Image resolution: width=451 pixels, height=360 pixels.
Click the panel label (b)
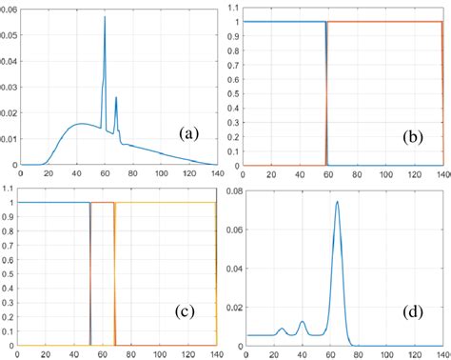(x=415, y=136)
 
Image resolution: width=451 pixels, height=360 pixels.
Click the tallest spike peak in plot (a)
(x=105, y=17)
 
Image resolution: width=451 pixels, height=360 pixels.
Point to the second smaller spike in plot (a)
(x=116, y=98)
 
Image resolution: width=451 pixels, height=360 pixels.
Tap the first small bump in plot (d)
(x=282, y=330)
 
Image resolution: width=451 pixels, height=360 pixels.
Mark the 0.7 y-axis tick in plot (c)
(x=9, y=245)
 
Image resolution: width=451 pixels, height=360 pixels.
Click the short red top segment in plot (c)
(x=102, y=203)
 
